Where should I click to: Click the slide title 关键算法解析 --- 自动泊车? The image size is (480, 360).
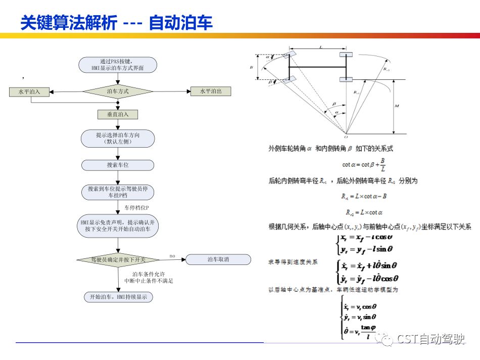[116, 23]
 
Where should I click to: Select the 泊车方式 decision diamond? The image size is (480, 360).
[118, 92]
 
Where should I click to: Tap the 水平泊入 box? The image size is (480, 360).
[29, 92]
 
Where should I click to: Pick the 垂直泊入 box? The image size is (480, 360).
[118, 114]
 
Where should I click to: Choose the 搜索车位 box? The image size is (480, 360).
[118, 165]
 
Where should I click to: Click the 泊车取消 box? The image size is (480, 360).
[218, 259]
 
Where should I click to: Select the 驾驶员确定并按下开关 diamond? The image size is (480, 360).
[118, 259]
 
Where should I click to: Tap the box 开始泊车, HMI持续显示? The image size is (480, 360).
[118, 297]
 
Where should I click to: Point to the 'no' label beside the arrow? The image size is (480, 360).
[172, 255]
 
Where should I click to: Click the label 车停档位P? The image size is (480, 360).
[136, 208]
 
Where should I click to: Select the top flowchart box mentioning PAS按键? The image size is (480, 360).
[118, 64]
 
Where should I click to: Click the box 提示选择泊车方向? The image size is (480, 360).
[118, 138]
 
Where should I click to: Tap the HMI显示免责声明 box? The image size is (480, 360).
[118, 226]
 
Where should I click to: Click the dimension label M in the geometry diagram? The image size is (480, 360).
[398, 106]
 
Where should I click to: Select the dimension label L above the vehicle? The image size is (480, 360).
[321, 47]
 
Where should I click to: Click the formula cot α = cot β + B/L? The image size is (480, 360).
[364, 164]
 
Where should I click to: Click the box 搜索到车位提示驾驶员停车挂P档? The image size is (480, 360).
[118, 192]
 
